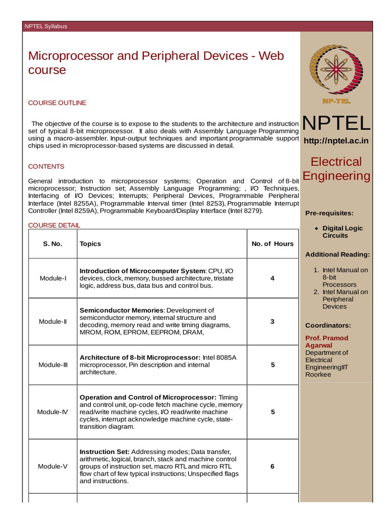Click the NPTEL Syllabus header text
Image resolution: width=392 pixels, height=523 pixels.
coord(46,27)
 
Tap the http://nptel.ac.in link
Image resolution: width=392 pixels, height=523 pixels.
coord(336,140)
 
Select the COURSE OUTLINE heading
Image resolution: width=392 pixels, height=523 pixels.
coord(57,103)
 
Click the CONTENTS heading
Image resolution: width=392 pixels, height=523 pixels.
coord(46,167)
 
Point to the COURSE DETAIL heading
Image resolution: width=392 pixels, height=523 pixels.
coord(54,225)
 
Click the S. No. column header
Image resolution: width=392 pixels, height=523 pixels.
coord(53,244)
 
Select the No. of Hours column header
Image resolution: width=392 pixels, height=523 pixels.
coord(273,244)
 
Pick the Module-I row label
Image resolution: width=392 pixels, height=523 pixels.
coord(53,278)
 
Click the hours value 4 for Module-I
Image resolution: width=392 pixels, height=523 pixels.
coord(273,278)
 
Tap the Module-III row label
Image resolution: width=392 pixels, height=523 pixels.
coord(53,365)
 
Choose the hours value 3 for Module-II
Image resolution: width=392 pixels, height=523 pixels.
coord(273,322)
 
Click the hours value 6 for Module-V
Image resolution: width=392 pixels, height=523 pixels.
coord(273,466)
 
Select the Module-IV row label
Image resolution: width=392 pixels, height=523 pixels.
coord(53,412)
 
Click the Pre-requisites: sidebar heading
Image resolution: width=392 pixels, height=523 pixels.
coord(329,213)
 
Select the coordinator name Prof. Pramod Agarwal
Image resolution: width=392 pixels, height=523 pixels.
coord(327,342)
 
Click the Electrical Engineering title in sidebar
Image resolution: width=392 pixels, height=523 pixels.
coord(336,169)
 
